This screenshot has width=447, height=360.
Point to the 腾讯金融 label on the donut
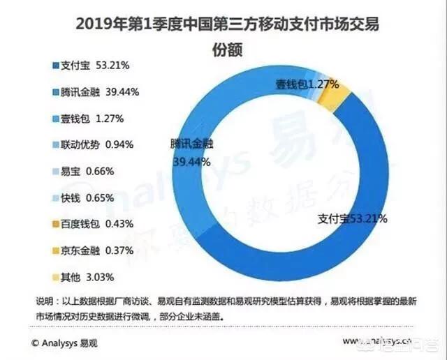click(191, 145)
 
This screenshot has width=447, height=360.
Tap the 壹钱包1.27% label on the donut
click(307, 84)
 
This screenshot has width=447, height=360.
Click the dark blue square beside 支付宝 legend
click(55, 67)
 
